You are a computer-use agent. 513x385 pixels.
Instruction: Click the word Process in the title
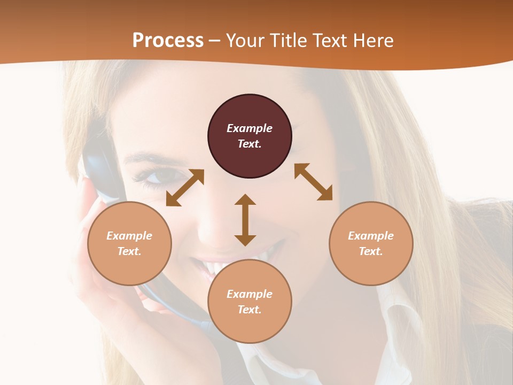(x=168, y=41)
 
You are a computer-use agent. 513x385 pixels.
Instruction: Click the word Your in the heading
(x=246, y=41)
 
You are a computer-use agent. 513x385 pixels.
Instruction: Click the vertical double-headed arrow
(x=245, y=220)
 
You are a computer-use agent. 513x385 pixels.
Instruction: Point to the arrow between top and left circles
(x=185, y=188)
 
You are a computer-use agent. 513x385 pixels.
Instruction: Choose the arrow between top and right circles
(x=314, y=182)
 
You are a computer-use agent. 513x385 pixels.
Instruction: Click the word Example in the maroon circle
(x=250, y=128)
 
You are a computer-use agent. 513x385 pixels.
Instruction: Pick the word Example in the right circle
(x=371, y=236)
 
